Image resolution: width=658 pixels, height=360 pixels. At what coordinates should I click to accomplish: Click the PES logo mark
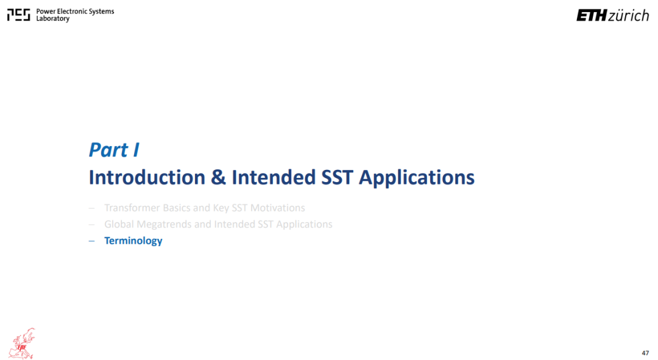point(18,15)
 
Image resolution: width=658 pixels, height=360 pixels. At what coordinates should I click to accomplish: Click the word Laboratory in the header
point(53,18)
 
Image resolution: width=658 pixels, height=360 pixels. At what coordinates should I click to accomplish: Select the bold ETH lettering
point(592,15)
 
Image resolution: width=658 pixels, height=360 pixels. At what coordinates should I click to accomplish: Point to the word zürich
point(629,15)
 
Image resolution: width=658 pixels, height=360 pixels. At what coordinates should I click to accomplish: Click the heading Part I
point(114,150)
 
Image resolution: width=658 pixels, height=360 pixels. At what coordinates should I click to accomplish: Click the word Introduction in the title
point(147,177)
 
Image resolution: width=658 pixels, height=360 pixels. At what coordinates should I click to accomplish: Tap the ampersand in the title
point(218,177)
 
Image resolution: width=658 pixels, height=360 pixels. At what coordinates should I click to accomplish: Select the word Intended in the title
point(274,177)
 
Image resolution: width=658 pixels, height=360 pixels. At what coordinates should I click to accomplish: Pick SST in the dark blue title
point(338,177)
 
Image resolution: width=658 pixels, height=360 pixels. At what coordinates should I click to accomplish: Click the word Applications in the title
point(417,178)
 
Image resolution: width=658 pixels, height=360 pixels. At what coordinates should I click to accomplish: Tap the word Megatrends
point(164,225)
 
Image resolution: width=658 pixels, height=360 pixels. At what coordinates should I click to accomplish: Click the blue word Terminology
point(133,241)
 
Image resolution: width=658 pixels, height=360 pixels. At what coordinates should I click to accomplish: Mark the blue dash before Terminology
point(92,241)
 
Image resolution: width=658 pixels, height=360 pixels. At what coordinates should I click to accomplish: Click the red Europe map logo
point(22,344)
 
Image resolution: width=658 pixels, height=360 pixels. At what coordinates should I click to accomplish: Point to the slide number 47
point(645,353)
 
